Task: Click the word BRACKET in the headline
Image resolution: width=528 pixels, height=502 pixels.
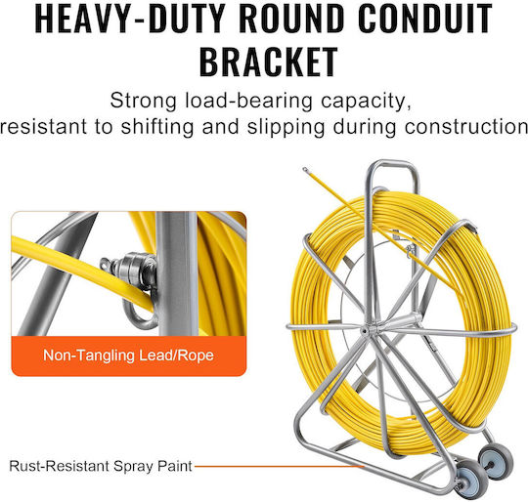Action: click(x=268, y=63)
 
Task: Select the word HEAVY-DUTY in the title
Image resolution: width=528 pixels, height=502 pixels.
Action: click(x=130, y=18)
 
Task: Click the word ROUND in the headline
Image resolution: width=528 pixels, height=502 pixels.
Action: click(x=291, y=18)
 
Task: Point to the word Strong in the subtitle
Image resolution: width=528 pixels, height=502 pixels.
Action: click(x=143, y=101)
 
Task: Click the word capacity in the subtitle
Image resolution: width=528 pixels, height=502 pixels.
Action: click(x=366, y=102)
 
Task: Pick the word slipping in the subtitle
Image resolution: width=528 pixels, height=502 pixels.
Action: click(x=286, y=127)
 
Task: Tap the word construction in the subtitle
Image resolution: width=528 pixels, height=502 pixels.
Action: click(x=466, y=127)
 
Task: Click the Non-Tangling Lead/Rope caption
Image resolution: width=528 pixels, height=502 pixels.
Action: click(x=129, y=356)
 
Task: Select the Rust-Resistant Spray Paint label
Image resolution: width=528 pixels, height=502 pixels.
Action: click(x=101, y=466)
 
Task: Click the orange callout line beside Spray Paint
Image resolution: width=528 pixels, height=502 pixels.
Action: click(x=280, y=467)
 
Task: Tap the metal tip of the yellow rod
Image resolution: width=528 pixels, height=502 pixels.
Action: click(x=305, y=170)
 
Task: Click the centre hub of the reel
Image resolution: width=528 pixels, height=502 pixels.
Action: click(x=365, y=331)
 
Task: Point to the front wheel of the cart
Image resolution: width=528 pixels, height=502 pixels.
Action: click(x=470, y=480)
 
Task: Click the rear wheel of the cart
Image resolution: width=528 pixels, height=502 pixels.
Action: click(x=496, y=461)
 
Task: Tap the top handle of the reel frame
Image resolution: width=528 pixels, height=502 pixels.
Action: click(x=392, y=164)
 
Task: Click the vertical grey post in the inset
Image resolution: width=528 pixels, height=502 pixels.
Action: click(x=177, y=273)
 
